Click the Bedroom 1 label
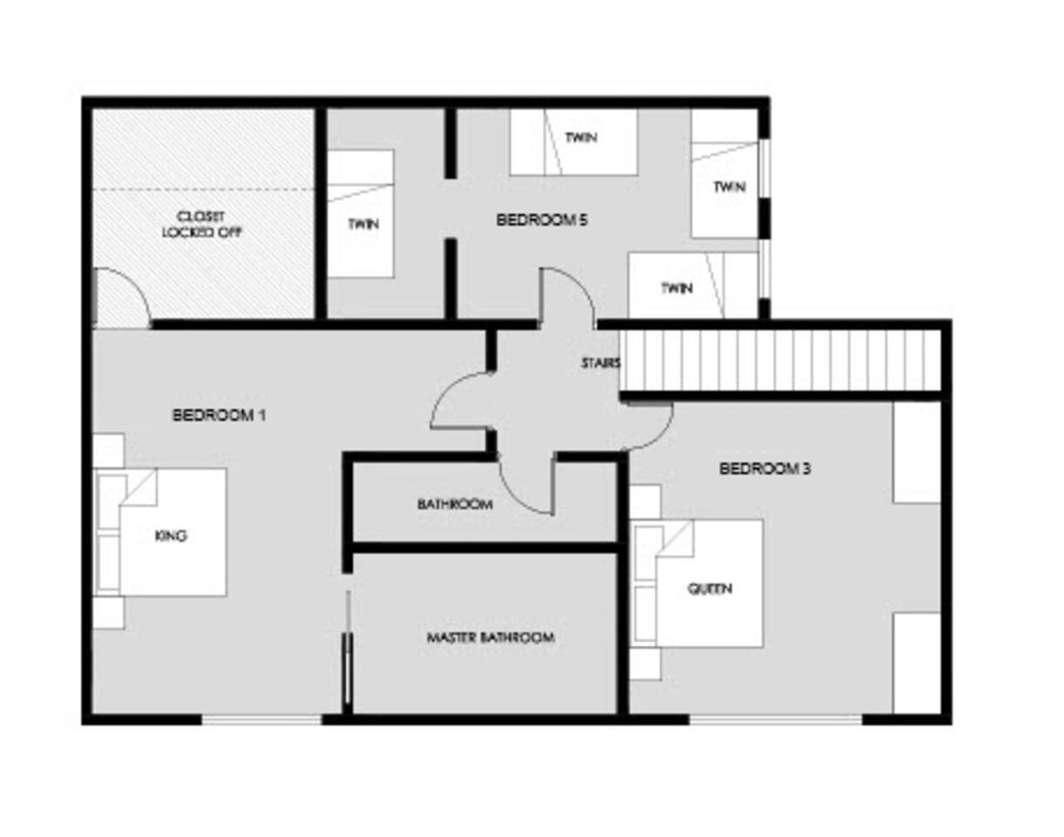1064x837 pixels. [x=219, y=415]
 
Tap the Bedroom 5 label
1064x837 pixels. [x=542, y=220]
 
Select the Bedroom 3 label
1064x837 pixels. [x=764, y=468]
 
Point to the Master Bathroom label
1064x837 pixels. [x=491, y=637]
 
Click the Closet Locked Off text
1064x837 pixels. [x=202, y=224]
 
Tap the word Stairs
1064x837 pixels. [x=600, y=363]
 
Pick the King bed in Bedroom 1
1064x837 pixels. [x=161, y=532]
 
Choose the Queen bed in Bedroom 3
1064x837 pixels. [x=699, y=584]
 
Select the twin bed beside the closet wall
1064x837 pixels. [x=361, y=214]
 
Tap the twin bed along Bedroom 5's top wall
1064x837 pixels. [x=573, y=142]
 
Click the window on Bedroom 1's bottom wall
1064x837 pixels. [x=262, y=718]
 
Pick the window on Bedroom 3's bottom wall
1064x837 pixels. [x=776, y=718]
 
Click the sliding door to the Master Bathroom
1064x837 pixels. [x=349, y=648]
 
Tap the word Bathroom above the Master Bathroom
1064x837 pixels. [x=455, y=504]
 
